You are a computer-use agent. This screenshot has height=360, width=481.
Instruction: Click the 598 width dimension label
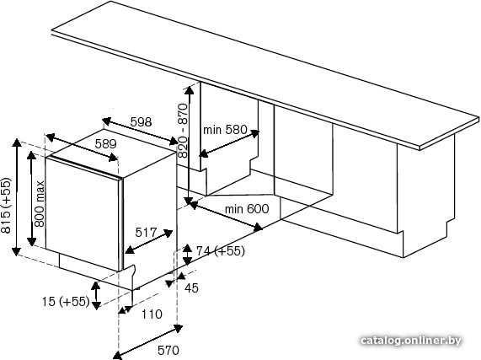[142, 122]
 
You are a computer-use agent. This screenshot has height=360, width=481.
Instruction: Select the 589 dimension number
[105, 143]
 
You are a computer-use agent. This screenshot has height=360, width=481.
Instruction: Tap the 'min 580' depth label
[225, 130]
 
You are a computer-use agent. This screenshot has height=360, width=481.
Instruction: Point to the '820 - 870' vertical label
[183, 131]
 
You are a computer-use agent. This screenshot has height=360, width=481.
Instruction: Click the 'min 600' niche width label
[247, 209]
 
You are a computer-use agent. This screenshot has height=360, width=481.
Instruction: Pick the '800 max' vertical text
[40, 204]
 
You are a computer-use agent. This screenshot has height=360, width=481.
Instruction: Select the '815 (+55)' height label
[6, 206]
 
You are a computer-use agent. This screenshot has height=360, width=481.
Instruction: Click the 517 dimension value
[146, 233]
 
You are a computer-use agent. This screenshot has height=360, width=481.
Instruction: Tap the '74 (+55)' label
[221, 251]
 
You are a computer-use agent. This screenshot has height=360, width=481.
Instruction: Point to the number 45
[191, 287]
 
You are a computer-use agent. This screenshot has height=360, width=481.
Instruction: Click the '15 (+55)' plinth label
[66, 301]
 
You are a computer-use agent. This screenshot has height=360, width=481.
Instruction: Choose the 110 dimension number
[152, 314]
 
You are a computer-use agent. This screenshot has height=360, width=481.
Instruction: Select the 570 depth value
[168, 350]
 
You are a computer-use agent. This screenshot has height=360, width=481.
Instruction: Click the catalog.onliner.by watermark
[411, 341]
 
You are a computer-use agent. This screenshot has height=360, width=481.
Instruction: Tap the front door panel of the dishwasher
[82, 213]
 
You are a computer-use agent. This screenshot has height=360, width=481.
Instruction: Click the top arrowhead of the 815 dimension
[17, 143]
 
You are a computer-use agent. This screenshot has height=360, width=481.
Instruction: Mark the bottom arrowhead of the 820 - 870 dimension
[189, 201]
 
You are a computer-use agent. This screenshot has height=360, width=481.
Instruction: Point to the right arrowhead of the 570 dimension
[178, 329]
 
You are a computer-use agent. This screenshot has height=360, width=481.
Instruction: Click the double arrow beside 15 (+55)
[96, 295]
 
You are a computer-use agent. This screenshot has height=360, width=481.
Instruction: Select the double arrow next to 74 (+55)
[188, 255]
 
